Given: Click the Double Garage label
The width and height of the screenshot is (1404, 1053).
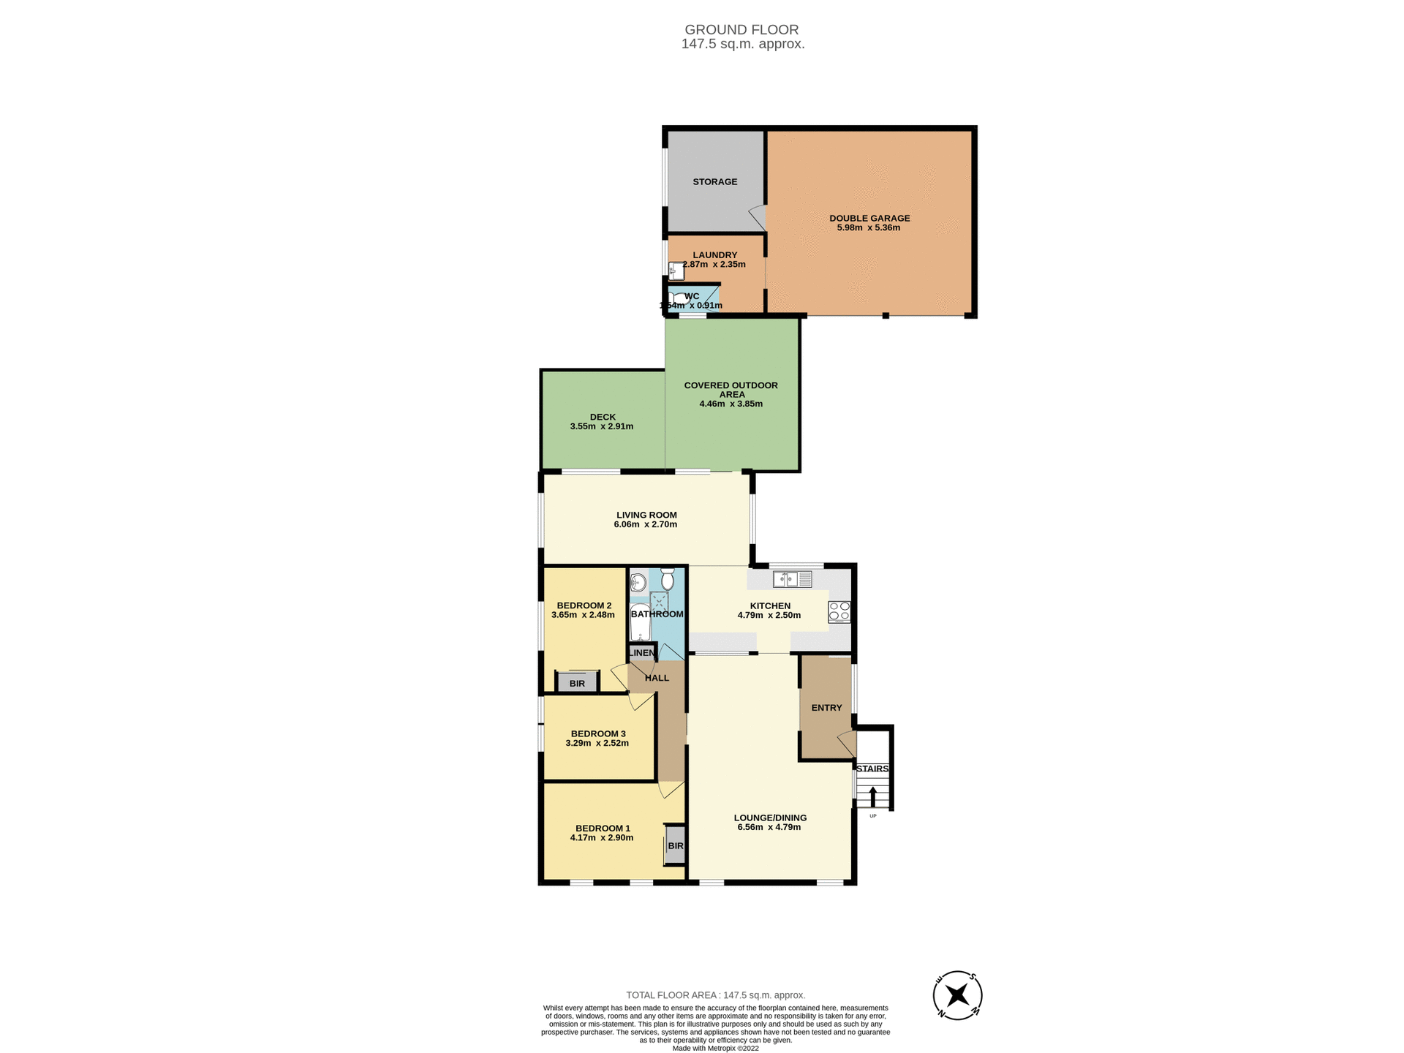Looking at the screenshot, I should pos(869,218).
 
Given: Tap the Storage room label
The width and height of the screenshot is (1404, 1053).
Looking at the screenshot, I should pos(714,181).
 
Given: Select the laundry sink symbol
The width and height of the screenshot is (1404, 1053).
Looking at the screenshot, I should pos(676,271).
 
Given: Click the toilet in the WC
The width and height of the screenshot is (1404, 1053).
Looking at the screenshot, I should pos(678,298).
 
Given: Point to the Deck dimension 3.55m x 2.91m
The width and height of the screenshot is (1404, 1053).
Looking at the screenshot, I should pos(601,426).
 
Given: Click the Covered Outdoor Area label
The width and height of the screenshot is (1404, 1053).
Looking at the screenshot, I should pos(731,389).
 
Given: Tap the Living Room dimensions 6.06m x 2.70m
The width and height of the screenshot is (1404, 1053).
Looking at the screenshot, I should pos(646,524).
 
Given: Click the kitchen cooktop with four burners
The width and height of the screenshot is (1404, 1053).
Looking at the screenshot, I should pos(839,611).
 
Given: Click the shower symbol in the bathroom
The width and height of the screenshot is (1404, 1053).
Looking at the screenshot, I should pos(660,602).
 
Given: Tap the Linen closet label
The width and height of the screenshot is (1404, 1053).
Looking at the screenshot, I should pos(642,653).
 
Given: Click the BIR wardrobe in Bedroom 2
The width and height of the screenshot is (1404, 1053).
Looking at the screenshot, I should pos(577,683).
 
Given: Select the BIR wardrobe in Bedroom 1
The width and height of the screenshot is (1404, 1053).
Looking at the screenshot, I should pos(675,845).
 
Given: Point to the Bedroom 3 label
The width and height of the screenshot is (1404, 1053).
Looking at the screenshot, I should pos(597,733).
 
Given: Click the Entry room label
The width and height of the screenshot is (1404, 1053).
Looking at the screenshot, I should pos(826,707).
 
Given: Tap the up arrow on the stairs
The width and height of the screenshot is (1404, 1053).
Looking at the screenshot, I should pos(872,796).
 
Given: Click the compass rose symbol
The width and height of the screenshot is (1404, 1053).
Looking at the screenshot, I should pos(957,995).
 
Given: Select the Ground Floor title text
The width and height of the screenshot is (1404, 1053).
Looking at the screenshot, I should pos(741,30).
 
